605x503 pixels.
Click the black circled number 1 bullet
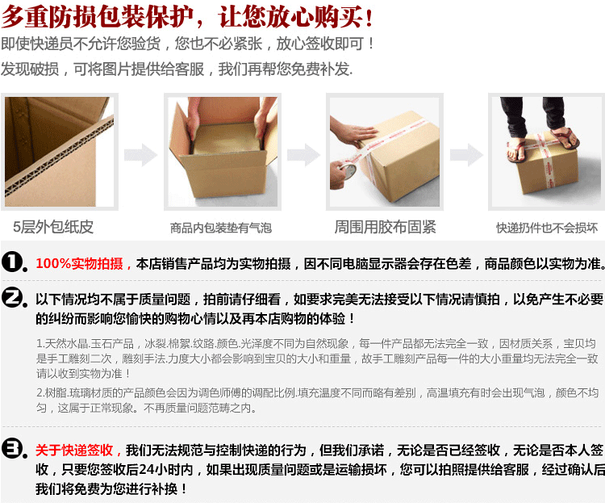pos(15,262)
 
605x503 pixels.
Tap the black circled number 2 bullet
pos(15,298)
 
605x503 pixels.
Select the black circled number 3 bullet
pos(15,449)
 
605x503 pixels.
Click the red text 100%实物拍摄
pos(80,263)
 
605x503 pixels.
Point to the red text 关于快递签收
pos(74,450)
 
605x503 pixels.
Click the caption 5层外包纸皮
pos(53,227)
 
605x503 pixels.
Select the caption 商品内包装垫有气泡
pos(221,228)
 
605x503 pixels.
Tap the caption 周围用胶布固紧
pos(385,227)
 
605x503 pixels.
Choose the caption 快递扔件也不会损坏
pos(547,228)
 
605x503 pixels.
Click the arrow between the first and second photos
pos(141,155)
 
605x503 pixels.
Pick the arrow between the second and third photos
pos(303,155)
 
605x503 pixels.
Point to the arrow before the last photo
pos(466,155)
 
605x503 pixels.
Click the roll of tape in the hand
pos(347,170)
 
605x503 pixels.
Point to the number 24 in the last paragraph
pos(147,469)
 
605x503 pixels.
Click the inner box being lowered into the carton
pos(226,139)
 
